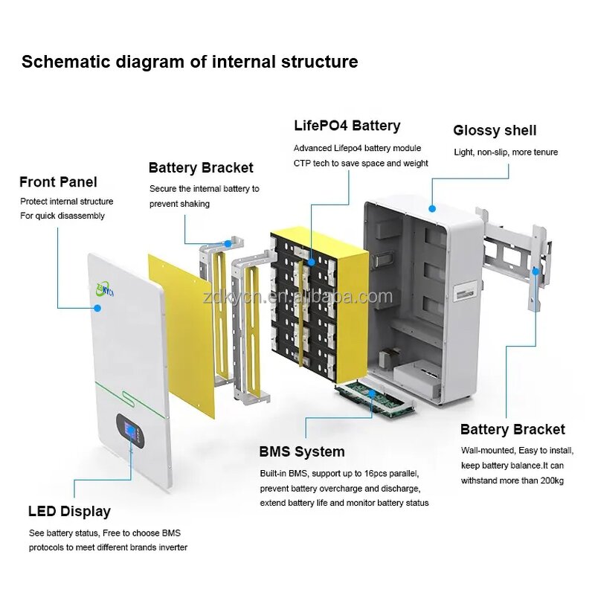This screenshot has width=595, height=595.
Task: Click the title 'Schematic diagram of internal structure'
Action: pos(189,61)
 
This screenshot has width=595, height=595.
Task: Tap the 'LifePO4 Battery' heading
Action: pos(347,126)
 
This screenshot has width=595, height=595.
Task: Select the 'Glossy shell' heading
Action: pos(495,130)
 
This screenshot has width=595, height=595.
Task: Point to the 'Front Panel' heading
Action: pos(58,182)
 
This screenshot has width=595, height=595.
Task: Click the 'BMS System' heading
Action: pos(301,451)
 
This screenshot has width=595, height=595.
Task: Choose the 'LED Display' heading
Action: pos(69,511)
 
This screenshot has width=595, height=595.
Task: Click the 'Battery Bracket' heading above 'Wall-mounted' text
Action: pos(512,429)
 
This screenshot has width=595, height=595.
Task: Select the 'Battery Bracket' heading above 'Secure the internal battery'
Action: pos(201,168)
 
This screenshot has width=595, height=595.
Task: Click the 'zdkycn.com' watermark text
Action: pos(327,297)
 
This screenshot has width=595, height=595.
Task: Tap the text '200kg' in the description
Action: pos(551,480)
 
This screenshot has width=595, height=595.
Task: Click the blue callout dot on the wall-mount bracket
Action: pos(535,272)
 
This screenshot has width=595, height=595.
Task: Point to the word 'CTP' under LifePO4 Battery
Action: pos(303,163)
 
